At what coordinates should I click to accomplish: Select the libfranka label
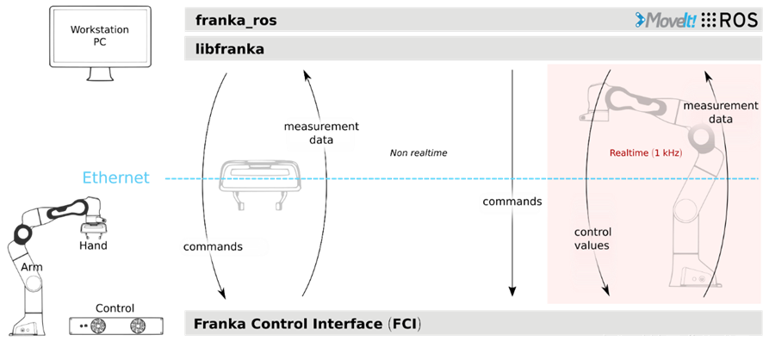point(230,49)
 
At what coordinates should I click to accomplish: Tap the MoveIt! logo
point(660,21)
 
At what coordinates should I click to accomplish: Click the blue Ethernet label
point(115,178)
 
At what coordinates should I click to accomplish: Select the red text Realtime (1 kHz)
point(645,152)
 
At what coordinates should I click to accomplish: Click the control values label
point(592,239)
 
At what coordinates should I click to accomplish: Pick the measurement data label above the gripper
point(320,133)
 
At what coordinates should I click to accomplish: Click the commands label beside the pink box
point(512,202)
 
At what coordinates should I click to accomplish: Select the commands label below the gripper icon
point(213,246)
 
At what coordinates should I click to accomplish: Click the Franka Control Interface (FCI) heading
point(307,324)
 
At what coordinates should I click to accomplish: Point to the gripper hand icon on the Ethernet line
point(259,180)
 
